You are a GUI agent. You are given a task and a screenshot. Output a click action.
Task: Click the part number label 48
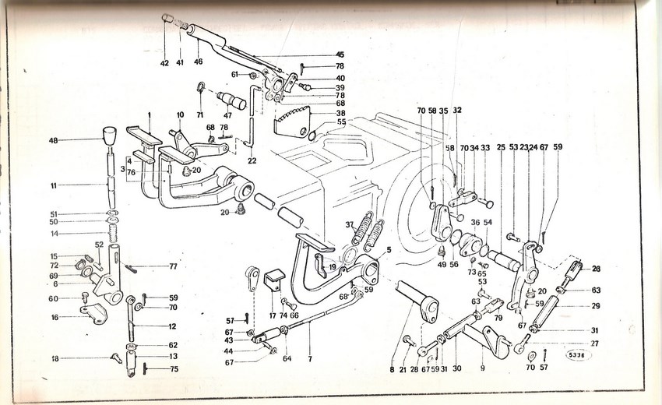pos(53,140)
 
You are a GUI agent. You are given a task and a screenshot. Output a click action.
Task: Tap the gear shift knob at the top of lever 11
pos(109,134)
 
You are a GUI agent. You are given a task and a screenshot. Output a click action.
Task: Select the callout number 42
pos(164,63)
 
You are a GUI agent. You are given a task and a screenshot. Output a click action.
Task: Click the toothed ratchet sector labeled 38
pos(293,122)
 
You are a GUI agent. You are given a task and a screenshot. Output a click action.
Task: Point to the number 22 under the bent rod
pos(252,161)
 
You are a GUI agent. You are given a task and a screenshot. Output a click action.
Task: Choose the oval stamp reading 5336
pos(578,356)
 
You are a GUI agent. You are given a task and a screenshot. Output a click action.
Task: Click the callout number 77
pos(173,266)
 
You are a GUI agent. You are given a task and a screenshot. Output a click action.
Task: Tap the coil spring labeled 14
pos(113,234)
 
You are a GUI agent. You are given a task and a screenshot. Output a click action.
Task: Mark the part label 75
pos(174,368)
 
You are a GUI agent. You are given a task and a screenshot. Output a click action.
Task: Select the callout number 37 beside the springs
pos(349,224)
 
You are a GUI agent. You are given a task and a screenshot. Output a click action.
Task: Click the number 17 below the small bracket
pos(273,315)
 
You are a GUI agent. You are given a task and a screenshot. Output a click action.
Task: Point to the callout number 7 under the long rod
pos(310,359)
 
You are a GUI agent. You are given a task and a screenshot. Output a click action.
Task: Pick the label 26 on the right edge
pos(596,269)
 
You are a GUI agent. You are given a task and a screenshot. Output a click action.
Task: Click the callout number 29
pos(595,306)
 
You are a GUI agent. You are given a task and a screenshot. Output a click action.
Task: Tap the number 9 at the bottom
pos(483,368)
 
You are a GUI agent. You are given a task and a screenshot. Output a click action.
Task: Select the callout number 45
pos(340,55)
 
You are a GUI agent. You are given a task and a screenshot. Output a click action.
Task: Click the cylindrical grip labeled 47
pos(231,100)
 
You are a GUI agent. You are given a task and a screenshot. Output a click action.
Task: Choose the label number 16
pos(55,317)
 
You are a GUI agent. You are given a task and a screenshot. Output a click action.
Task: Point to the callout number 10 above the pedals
pos(180,114)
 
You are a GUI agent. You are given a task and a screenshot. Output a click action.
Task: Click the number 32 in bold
pos(457,111)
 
